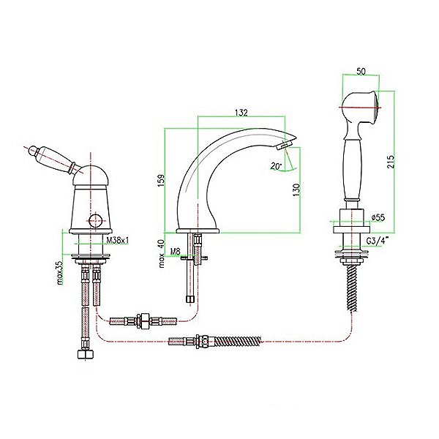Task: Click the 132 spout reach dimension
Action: [241, 112]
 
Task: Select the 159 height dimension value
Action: [162, 180]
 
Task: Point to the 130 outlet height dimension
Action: [296, 190]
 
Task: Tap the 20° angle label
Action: [276, 166]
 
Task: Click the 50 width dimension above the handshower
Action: [361, 72]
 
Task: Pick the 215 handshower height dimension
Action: [391, 162]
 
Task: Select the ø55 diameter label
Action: [378, 217]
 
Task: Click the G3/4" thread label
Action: [378, 241]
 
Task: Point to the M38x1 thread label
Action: [117, 240]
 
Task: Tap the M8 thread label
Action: [176, 252]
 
